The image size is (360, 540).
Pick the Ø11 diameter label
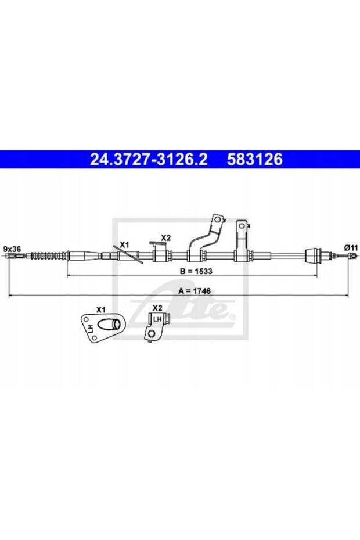(x=351, y=247)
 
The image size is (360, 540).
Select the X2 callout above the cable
(x=165, y=237)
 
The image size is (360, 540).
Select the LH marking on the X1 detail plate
(x=91, y=329)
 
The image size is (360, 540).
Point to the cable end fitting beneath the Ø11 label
(x=350, y=256)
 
